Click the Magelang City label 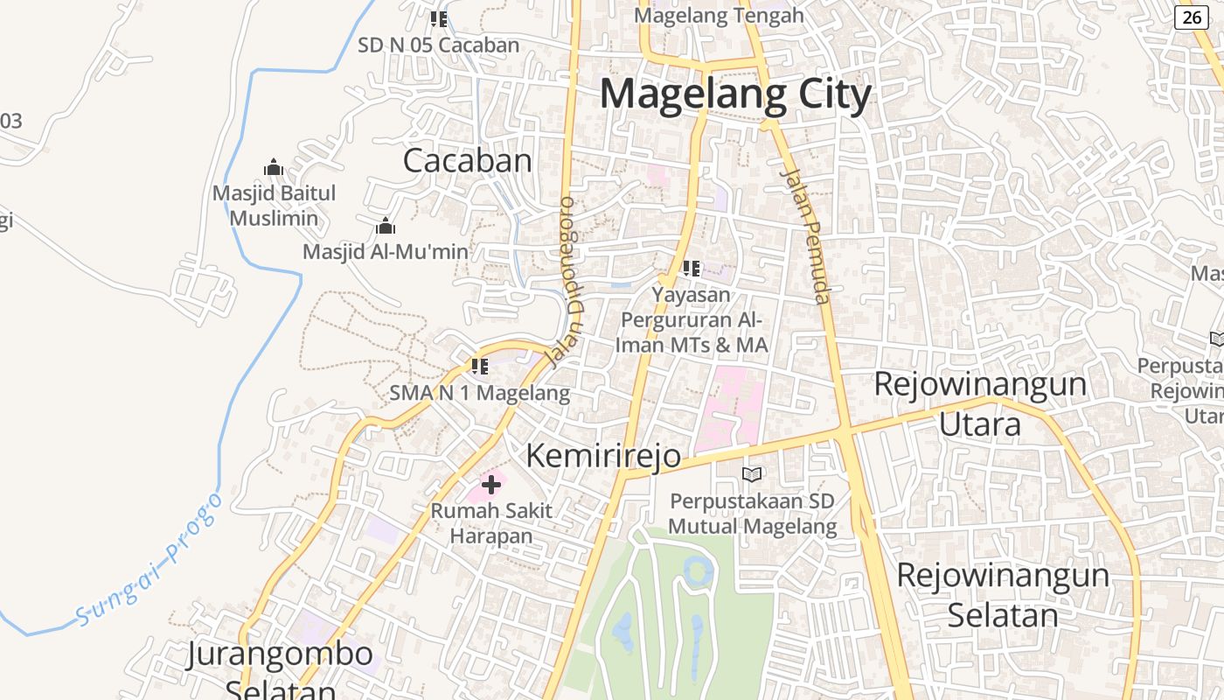(735, 94)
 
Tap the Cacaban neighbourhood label (467, 161)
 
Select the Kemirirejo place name (603, 456)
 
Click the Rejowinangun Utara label (980, 404)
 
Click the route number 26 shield (1191, 17)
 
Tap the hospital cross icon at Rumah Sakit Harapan (491, 484)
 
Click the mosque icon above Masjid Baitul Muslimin (274, 167)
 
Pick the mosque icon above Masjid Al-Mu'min (386, 227)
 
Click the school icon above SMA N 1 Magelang (479, 367)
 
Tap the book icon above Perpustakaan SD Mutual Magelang (752, 474)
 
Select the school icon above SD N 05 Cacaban (439, 18)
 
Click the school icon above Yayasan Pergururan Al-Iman (692, 269)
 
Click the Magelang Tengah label (719, 16)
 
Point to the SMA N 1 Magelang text (479, 393)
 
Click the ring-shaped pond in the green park (698, 571)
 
